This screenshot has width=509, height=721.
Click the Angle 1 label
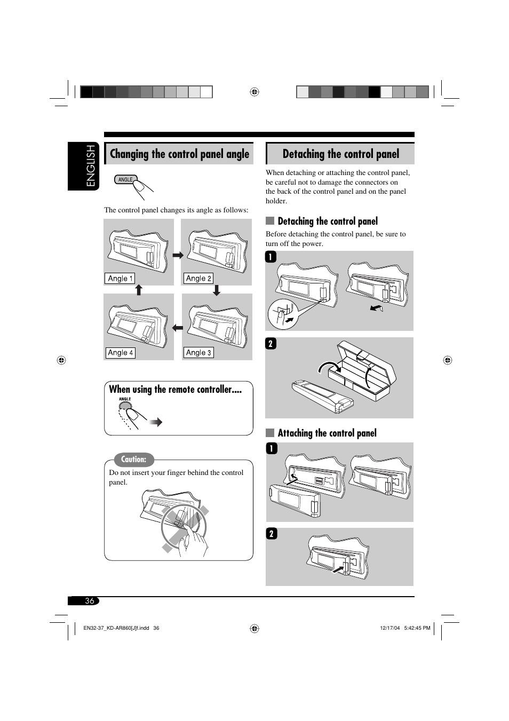pyautogui.click(x=120, y=279)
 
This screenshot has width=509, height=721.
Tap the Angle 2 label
pyautogui.click(x=198, y=279)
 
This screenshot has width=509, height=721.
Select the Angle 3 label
pyautogui.click(x=198, y=353)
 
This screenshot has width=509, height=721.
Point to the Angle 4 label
pyautogui.click(x=120, y=353)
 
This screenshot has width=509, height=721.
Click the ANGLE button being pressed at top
pyautogui.click(x=126, y=180)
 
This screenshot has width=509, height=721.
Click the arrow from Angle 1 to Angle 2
pyautogui.click(x=178, y=255)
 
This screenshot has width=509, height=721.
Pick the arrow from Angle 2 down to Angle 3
pyautogui.click(x=217, y=290)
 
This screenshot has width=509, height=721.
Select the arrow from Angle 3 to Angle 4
pyautogui.click(x=178, y=328)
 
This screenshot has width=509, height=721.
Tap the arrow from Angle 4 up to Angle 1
pyautogui.click(x=139, y=290)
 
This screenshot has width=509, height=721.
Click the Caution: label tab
pyautogui.click(x=133, y=459)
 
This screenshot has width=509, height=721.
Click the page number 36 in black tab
pyautogui.click(x=89, y=601)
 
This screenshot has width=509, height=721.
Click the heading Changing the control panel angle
pyautogui.click(x=179, y=154)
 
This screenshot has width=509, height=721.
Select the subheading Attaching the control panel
pyautogui.click(x=327, y=433)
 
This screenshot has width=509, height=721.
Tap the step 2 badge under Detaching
pyautogui.click(x=271, y=344)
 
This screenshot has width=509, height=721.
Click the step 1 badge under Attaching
pyautogui.click(x=272, y=448)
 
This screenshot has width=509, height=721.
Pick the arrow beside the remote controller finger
pyautogui.click(x=156, y=423)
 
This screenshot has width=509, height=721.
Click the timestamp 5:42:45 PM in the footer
pyautogui.click(x=417, y=628)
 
